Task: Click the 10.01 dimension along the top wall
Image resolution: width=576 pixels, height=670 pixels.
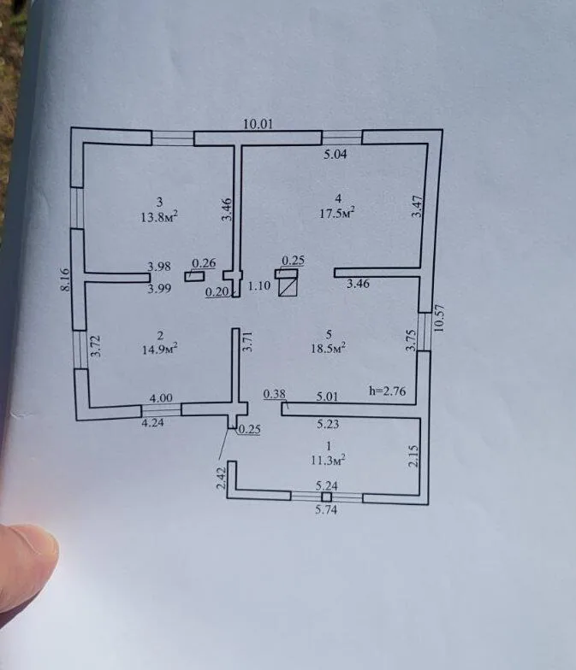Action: tap(258, 125)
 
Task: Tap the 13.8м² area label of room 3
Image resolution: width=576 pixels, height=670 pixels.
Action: tap(159, 217)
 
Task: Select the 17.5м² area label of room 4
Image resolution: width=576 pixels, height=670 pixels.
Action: tap(337, 212)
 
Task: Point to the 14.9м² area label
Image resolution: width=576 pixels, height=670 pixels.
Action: tap(159, 349)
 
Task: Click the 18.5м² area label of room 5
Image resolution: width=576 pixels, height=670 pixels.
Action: tap(329, 348)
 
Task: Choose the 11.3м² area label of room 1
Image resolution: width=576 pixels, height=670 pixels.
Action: tap(329, 460)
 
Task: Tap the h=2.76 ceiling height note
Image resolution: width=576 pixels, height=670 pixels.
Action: tap(387, 391)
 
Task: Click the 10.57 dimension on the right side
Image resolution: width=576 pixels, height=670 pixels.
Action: tap(440, 318)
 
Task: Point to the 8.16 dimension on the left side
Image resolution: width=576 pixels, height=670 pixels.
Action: tap(65, 280)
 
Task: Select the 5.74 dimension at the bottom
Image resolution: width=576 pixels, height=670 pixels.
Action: tap(326, 509)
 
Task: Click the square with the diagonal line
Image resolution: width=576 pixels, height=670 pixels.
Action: tap(288, 286)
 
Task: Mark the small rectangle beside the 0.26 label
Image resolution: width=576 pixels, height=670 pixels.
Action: tap(193, 277)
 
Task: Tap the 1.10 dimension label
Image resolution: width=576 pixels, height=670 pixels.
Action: tap(258, 285)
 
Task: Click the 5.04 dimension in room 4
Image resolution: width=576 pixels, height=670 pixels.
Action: tap(336, 154)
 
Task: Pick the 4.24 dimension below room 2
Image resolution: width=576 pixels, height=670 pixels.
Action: tap(152, 422)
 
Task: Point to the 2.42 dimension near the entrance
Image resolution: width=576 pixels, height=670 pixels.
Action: tap(221, 479)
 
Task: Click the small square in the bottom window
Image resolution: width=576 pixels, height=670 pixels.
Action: tap(327, 497)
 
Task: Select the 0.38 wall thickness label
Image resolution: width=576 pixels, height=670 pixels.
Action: tap(274, 393)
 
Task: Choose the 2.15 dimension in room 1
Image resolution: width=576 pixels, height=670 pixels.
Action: tap(413, 456)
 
